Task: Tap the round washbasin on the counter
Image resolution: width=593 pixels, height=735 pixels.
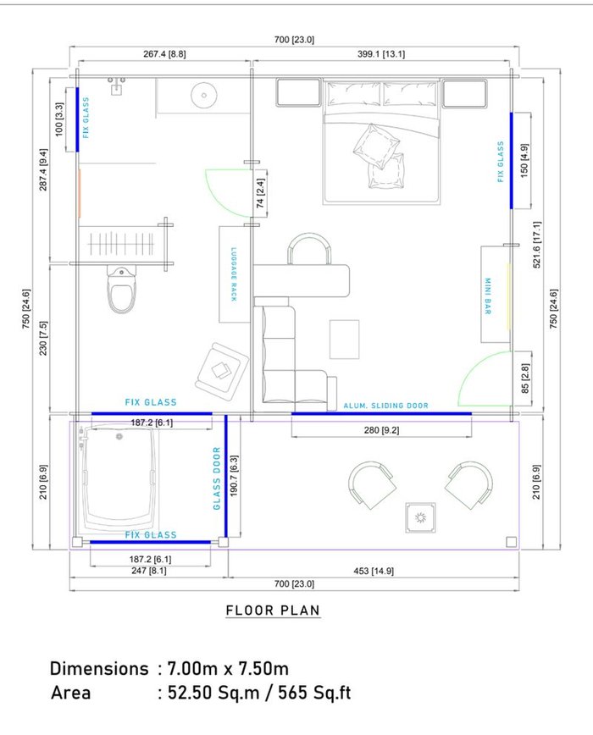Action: (x=204, y=95)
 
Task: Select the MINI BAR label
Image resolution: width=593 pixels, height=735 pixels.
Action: (x=488, y=296)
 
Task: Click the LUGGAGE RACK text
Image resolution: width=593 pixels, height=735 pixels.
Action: (x=234, y=274)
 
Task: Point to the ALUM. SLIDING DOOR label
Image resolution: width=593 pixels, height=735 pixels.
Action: (x=385, y=406)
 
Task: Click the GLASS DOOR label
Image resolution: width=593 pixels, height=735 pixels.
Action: (x=217, y=478)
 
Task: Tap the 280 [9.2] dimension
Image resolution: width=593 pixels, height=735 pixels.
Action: (x=381, y=430)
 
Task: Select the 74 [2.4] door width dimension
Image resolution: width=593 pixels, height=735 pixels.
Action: (x=261, y=193)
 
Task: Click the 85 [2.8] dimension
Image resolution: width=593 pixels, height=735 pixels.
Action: (x=525, y=379)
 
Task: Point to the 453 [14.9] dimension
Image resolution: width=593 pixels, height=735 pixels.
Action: (x=374, y=571)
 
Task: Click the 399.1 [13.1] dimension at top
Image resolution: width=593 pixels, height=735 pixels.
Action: (x=381, y=54)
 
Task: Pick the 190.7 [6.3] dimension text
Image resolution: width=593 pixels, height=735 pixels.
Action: (x=235, y=476)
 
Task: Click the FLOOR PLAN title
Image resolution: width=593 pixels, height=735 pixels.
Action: (x=274, y=611)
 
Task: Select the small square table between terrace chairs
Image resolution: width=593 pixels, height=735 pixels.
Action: (x=420, y=517)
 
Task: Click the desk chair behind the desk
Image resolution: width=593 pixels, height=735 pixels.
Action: (x=309, y=248)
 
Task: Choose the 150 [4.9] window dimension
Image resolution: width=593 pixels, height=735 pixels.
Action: (x=524, y=160)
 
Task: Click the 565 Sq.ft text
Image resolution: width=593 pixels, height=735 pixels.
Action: (x=314, y=693)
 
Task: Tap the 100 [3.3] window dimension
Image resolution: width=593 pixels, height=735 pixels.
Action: (x=59, y=119)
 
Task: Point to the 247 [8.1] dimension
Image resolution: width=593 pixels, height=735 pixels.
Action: (x=148, y=571)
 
